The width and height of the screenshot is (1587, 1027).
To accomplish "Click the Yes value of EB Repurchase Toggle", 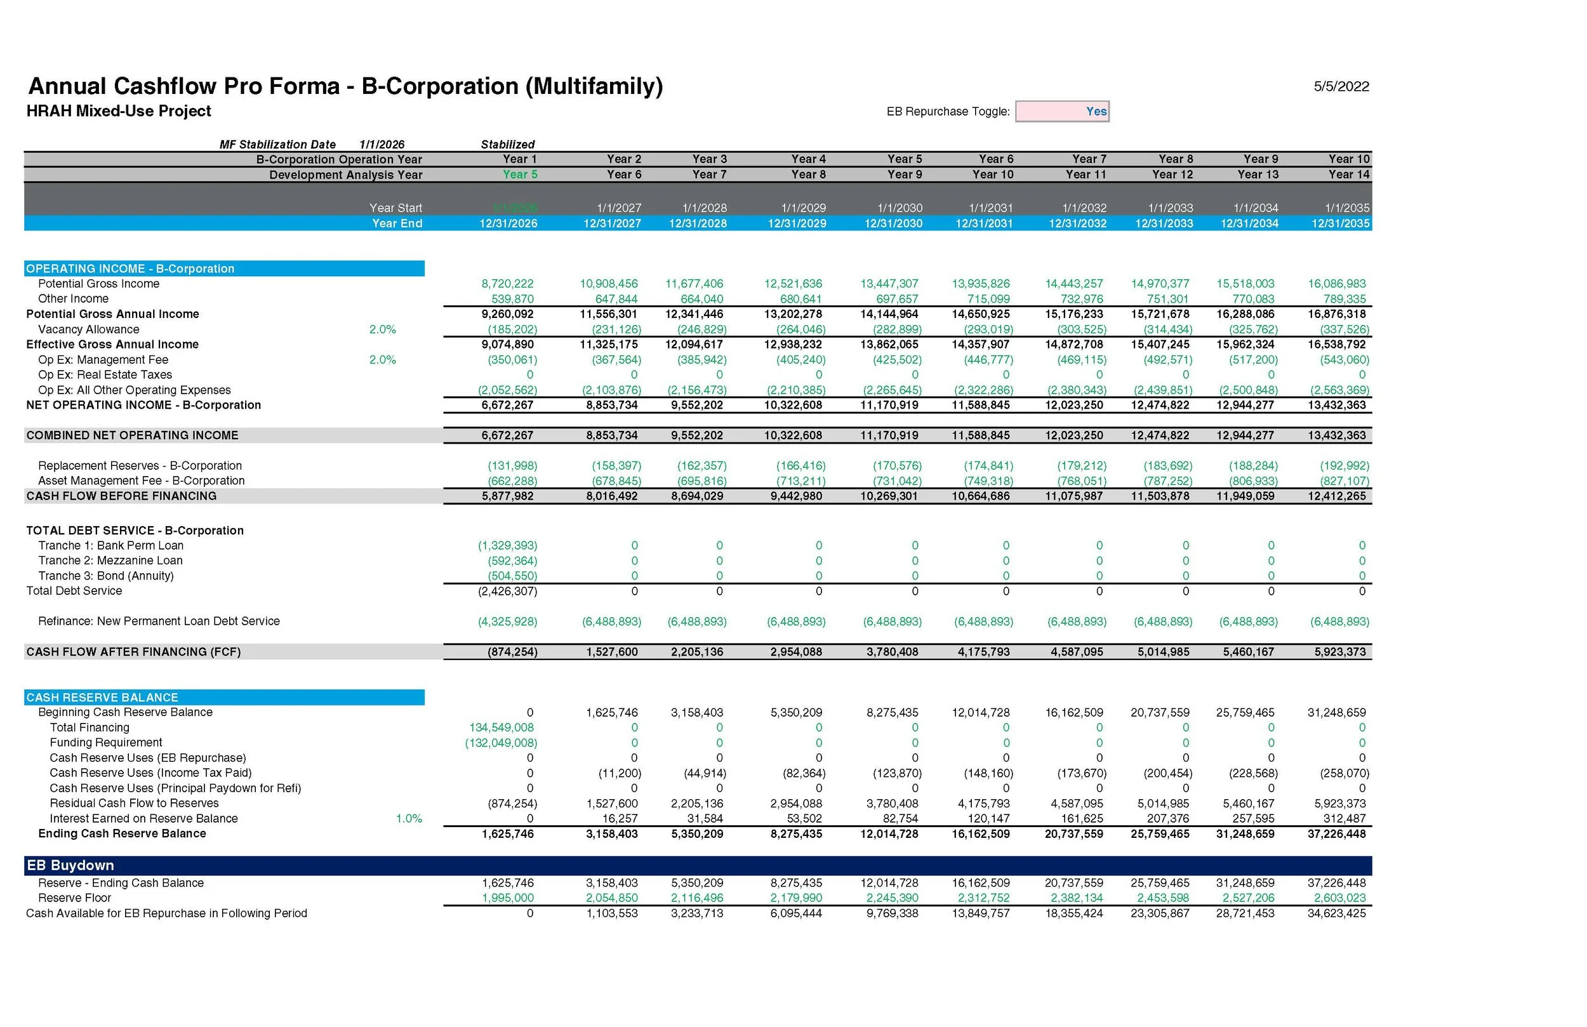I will tap(1096, 111).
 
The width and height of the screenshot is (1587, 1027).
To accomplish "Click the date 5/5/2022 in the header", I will tap(1341, 87).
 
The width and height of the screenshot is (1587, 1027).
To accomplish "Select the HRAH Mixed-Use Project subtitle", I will tap(119, 111).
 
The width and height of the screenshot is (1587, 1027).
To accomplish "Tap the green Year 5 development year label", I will tap(519, 175).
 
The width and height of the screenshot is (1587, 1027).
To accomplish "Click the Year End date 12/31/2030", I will tap(893, 223).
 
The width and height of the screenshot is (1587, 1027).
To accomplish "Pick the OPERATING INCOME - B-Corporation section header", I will tap(130, 268).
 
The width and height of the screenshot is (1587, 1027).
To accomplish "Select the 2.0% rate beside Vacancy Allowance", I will tap(382, 329).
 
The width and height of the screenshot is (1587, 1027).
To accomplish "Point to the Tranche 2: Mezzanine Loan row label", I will tap(110, 561).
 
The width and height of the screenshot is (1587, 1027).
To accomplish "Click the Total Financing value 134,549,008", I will tap(501, 727).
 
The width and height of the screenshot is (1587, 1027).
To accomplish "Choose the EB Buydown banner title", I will tap(70, 866).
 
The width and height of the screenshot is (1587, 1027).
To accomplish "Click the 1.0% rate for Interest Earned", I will tap(409, 819).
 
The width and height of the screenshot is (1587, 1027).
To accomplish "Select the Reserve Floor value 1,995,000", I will tap(507, 898).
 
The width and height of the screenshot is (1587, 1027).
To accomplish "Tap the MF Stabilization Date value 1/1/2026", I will tap(382, 145).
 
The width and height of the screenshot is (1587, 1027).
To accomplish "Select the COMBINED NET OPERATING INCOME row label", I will tap(132, 435).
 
